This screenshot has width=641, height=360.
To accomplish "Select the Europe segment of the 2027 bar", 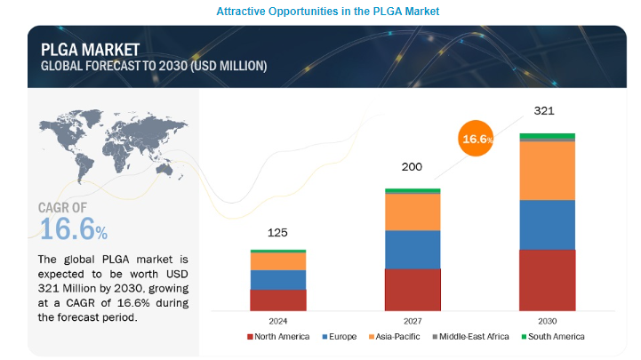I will [413, 249].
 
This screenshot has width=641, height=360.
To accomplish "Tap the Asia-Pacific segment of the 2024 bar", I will [278, 261].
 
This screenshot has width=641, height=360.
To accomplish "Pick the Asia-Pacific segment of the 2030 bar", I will [547, 171].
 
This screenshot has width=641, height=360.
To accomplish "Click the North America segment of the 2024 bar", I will [278, 300].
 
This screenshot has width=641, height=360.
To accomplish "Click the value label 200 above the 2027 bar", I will [413, 166].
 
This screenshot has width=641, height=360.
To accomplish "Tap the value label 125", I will [278, 232].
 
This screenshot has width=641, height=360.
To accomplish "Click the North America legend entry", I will [278, 337].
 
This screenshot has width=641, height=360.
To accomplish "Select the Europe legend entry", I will [341, 337].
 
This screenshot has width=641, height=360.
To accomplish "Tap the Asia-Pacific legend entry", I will [396, 337].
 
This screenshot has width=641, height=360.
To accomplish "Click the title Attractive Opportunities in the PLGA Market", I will [319, 11].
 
